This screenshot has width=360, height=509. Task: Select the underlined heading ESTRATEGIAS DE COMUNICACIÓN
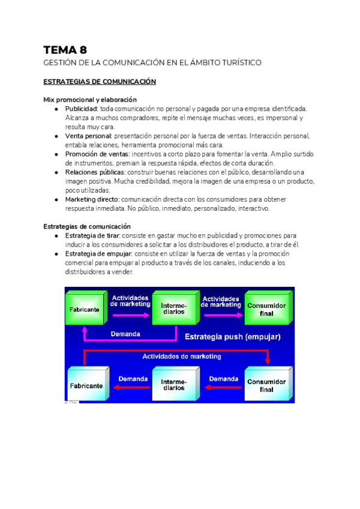(100, 82)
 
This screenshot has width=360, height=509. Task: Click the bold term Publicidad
(82, 109)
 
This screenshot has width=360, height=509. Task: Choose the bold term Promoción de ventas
(97, 154)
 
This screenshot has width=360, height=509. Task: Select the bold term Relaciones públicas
(95, 172)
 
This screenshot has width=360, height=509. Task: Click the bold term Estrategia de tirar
(92, 236)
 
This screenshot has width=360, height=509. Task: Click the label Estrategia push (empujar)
(232, 337)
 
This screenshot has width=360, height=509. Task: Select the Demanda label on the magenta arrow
(125, 334)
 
